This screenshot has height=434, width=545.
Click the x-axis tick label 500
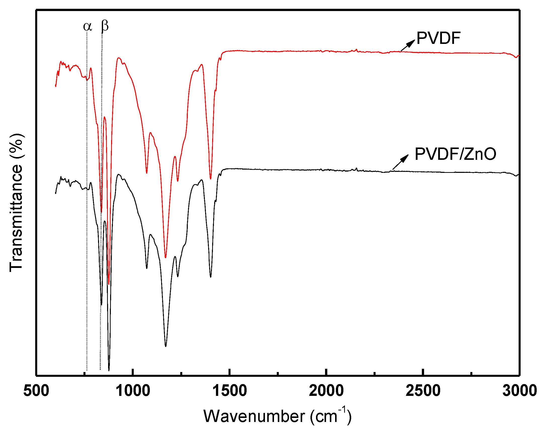click(x=36, y=391)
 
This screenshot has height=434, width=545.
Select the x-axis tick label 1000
click(x=133, y=391)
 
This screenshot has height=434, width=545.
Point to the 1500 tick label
click(x=230, y=391)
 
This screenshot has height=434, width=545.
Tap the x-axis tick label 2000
click(x=326, y=391)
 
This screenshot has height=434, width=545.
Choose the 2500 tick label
click(x=423, y=391)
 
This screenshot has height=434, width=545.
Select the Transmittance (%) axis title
click(x=17, y=203)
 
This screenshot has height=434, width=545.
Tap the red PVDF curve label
click(x=438, y=38)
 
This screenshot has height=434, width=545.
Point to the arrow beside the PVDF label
click(x=408, y=45)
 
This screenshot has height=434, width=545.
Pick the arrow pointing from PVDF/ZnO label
click(x=400, y=162)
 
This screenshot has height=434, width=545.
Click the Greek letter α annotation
click(x=87, y=26)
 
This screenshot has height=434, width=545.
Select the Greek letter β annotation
click(x=105, y=26)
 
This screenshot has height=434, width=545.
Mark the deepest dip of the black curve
click(x=109, y=370)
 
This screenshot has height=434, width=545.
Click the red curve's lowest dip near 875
click(x=109, y=284)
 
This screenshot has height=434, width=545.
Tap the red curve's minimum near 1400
click(x=211, y=179)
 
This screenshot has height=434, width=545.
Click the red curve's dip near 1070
click(x=147, y=173)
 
